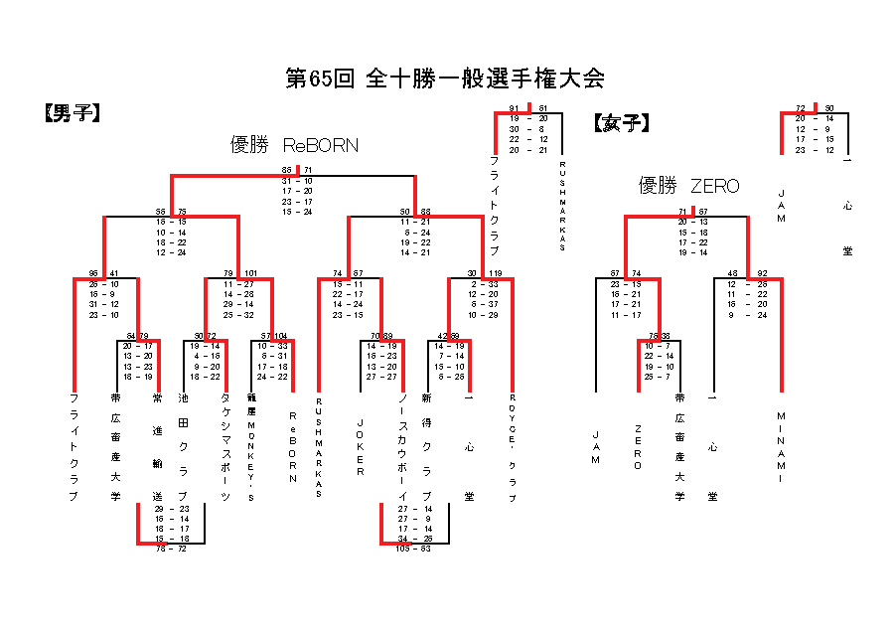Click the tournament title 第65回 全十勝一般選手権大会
click(445, 79)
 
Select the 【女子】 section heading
click(622, 123)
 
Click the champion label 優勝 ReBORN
click(294, 145)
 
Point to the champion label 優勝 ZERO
click(688, 186)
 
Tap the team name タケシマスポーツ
click(226, 447)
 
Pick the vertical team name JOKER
click(360, 446)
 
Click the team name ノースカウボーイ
click(401, 446)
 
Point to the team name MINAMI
click(782, 446)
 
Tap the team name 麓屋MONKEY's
click(251, 447)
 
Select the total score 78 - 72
click(171, 548)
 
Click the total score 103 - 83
click(413, 548)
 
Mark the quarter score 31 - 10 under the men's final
click(297, 181)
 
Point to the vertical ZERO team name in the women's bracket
click(638, 446)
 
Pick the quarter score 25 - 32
click(238, 314)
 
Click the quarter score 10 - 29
click(484, 314)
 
